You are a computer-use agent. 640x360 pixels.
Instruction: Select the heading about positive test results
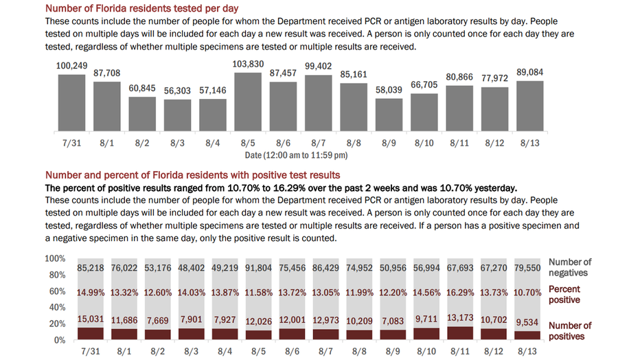click(192, 175)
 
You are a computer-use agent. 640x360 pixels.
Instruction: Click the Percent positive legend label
click(564, 295)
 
